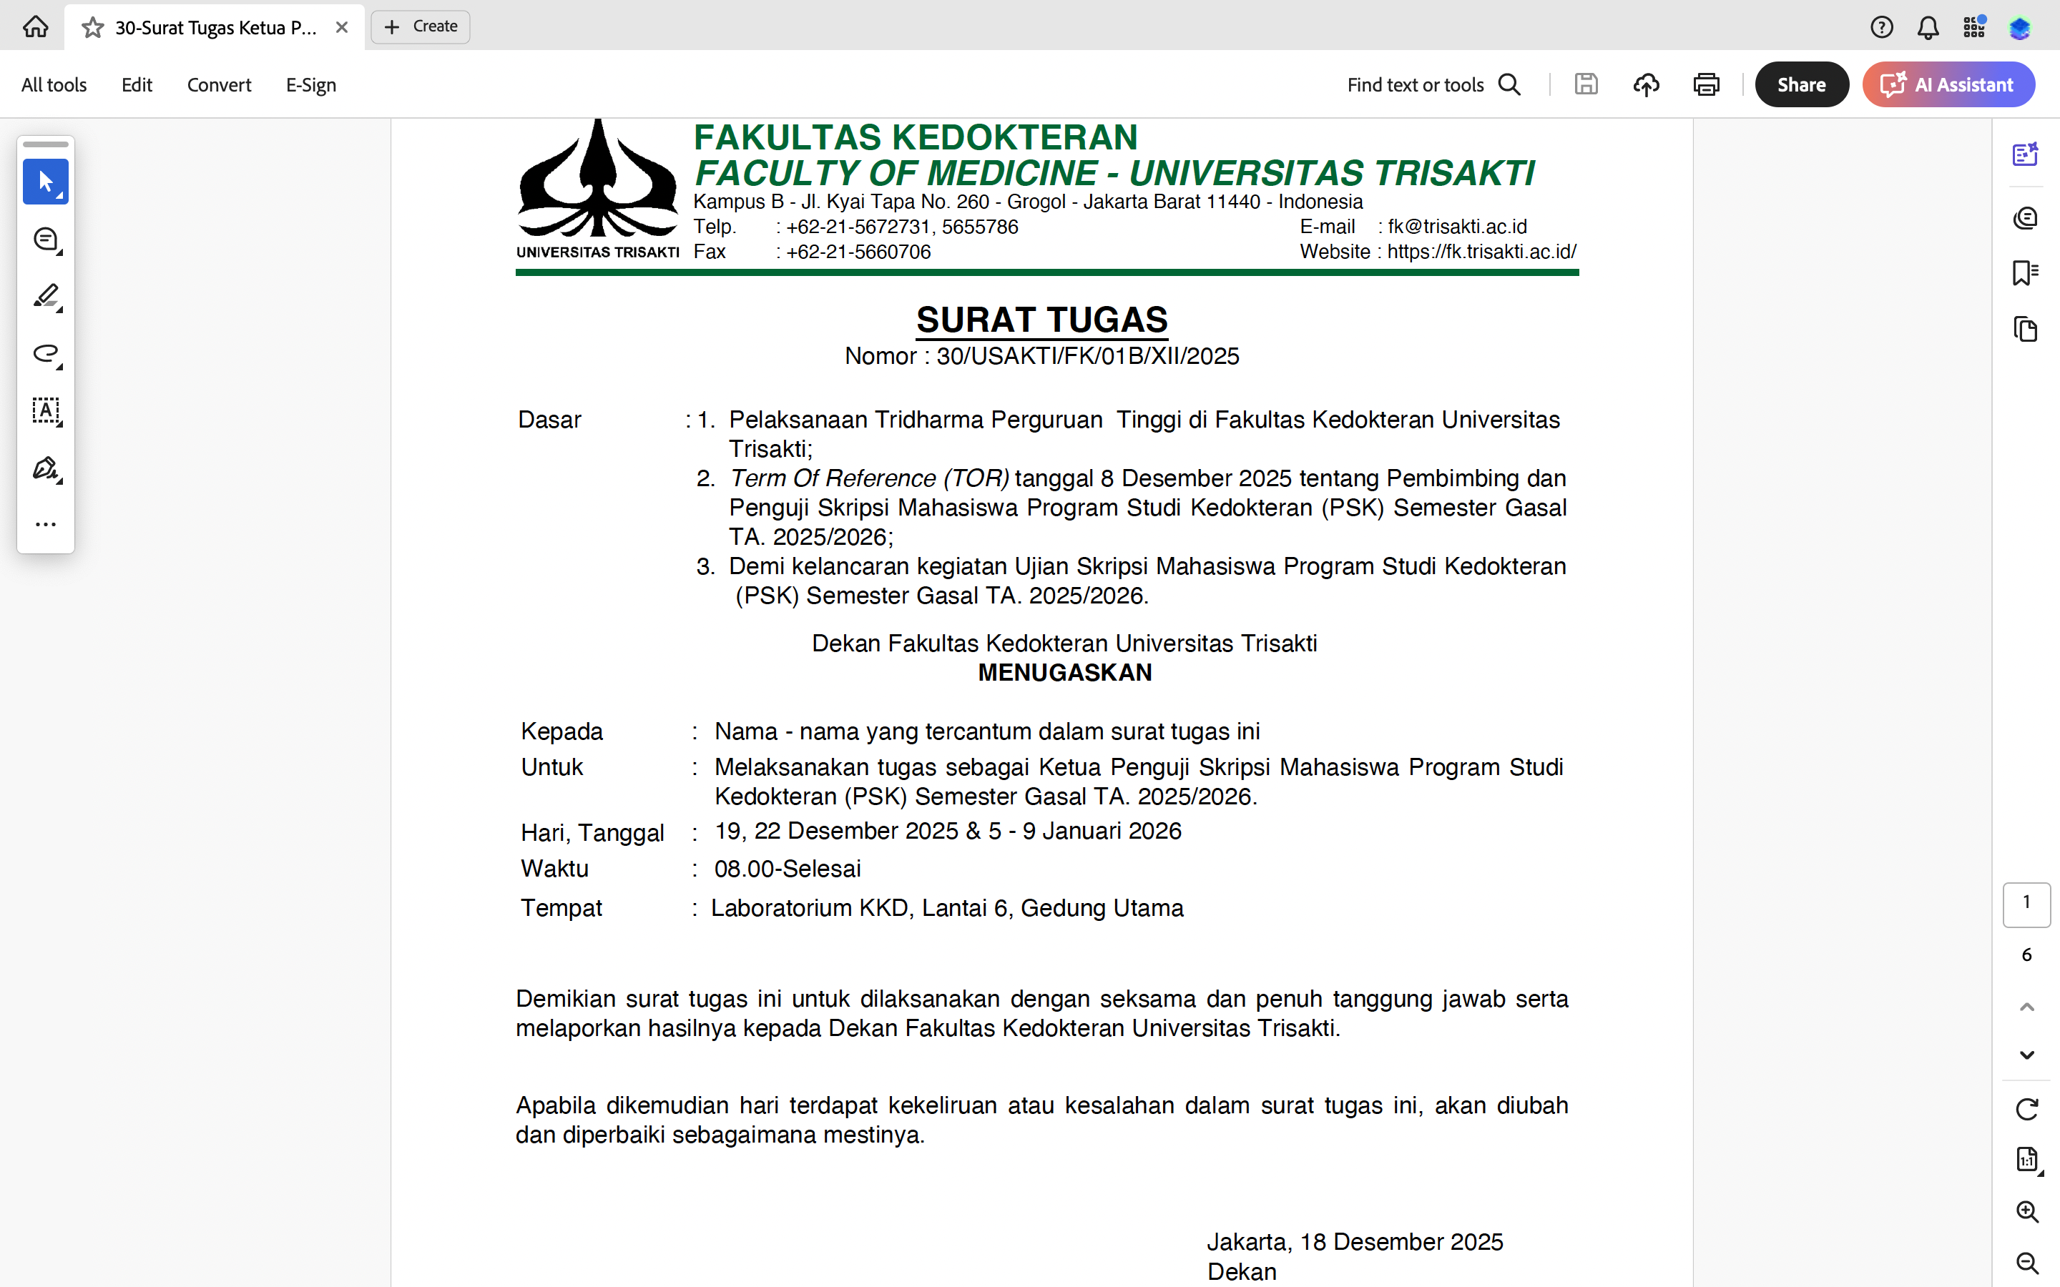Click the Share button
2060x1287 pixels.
tap(1800, 84)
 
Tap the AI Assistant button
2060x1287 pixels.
tap(1948, 84)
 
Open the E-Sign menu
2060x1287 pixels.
tap(310, 85)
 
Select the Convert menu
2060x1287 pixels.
tap(219, 85)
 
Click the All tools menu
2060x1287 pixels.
tap(54, 85)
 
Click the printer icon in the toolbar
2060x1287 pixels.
tap(1706, 84)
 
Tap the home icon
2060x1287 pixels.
tap(35, 27)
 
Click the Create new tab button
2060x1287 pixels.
tap(421, 27)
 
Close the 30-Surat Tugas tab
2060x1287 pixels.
tap(342, 27)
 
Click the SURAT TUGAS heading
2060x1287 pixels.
tap(1041, 320)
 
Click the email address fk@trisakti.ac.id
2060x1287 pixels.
tap(1456, 227)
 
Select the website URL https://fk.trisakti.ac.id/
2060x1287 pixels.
tap(1481, 252)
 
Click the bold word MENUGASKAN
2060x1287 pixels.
tap(1064, 672)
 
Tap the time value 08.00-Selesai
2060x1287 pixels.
tap(788, 869)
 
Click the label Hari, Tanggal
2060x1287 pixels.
tap(592, 832)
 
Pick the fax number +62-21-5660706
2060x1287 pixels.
tap(858, 252)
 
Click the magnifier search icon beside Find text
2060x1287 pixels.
tap(1509, 84)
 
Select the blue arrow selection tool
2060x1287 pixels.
tap(46, 182)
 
